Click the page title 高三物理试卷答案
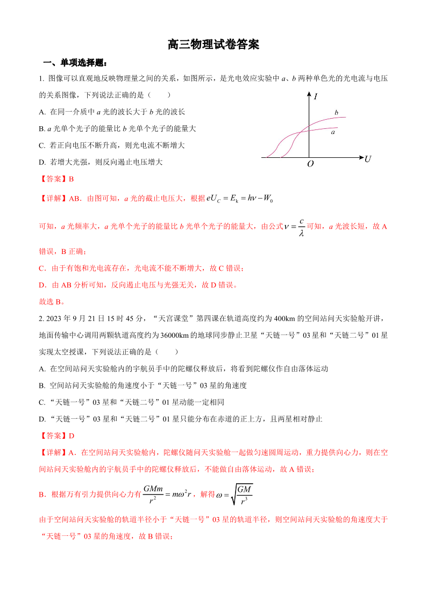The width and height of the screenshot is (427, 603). tap(213, 45)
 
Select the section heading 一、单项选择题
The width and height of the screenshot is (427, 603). tap(75, 63)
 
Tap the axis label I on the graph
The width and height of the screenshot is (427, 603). tap(315, 97)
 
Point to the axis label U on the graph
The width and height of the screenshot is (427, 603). tap(368, 159)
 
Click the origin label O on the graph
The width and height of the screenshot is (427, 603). tap(310, 164)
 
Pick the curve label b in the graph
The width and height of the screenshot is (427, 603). tap(336, 113)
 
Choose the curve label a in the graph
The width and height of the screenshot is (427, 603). tap(333, 132)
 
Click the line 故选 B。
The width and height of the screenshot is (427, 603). tap(52, 301)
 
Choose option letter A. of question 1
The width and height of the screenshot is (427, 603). tap(42, 112)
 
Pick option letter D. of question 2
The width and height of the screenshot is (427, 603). tap(42, 419)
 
